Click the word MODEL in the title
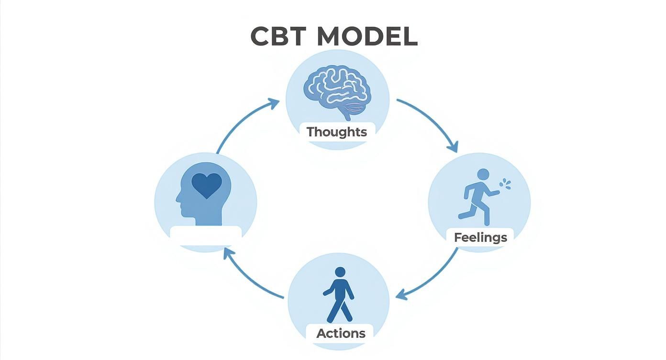pyautogui.click(x=367, y=36)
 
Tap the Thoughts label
pyautogui.click(x=337, y=132)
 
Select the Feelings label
pyautogui.click(x=480, y=237)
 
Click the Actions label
pyautogui.click(x=341, y=333)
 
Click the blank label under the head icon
pyautogui.click(x=206, y=235)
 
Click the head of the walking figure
pyautogui.click(x=340, y=272)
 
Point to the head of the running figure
pyautogui.click(x=483, y=174)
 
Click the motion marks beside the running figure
pyautogui.click(x=505, y=184)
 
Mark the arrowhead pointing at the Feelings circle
pyautogui.click(x=453, y=146)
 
